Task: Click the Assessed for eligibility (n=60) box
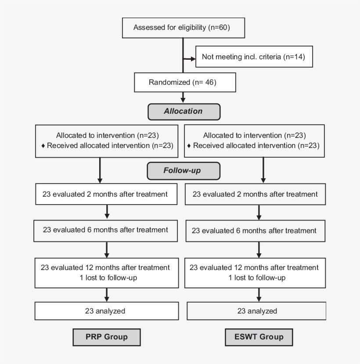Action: coord(182,28)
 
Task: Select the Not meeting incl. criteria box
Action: coord(254,57)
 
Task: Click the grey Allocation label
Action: coord(183,111)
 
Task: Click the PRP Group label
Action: coord(106,337)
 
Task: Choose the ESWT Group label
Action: coord(259,337)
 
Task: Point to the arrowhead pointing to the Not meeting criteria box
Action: coord(192,57)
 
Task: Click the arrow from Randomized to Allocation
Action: coord(183,97)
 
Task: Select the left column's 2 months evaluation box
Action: coord(105,194)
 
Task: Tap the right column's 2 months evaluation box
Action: coord(256,195)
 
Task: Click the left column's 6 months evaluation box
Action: coord(105,230)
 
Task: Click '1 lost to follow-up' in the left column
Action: coord(105,277)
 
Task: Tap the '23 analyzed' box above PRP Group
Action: coord(105,311)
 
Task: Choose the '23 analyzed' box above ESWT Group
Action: coord(257,311)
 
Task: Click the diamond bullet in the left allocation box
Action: coord(43,146)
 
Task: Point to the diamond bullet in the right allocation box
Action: coord(189,146)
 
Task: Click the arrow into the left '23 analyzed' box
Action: coord(106,296)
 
